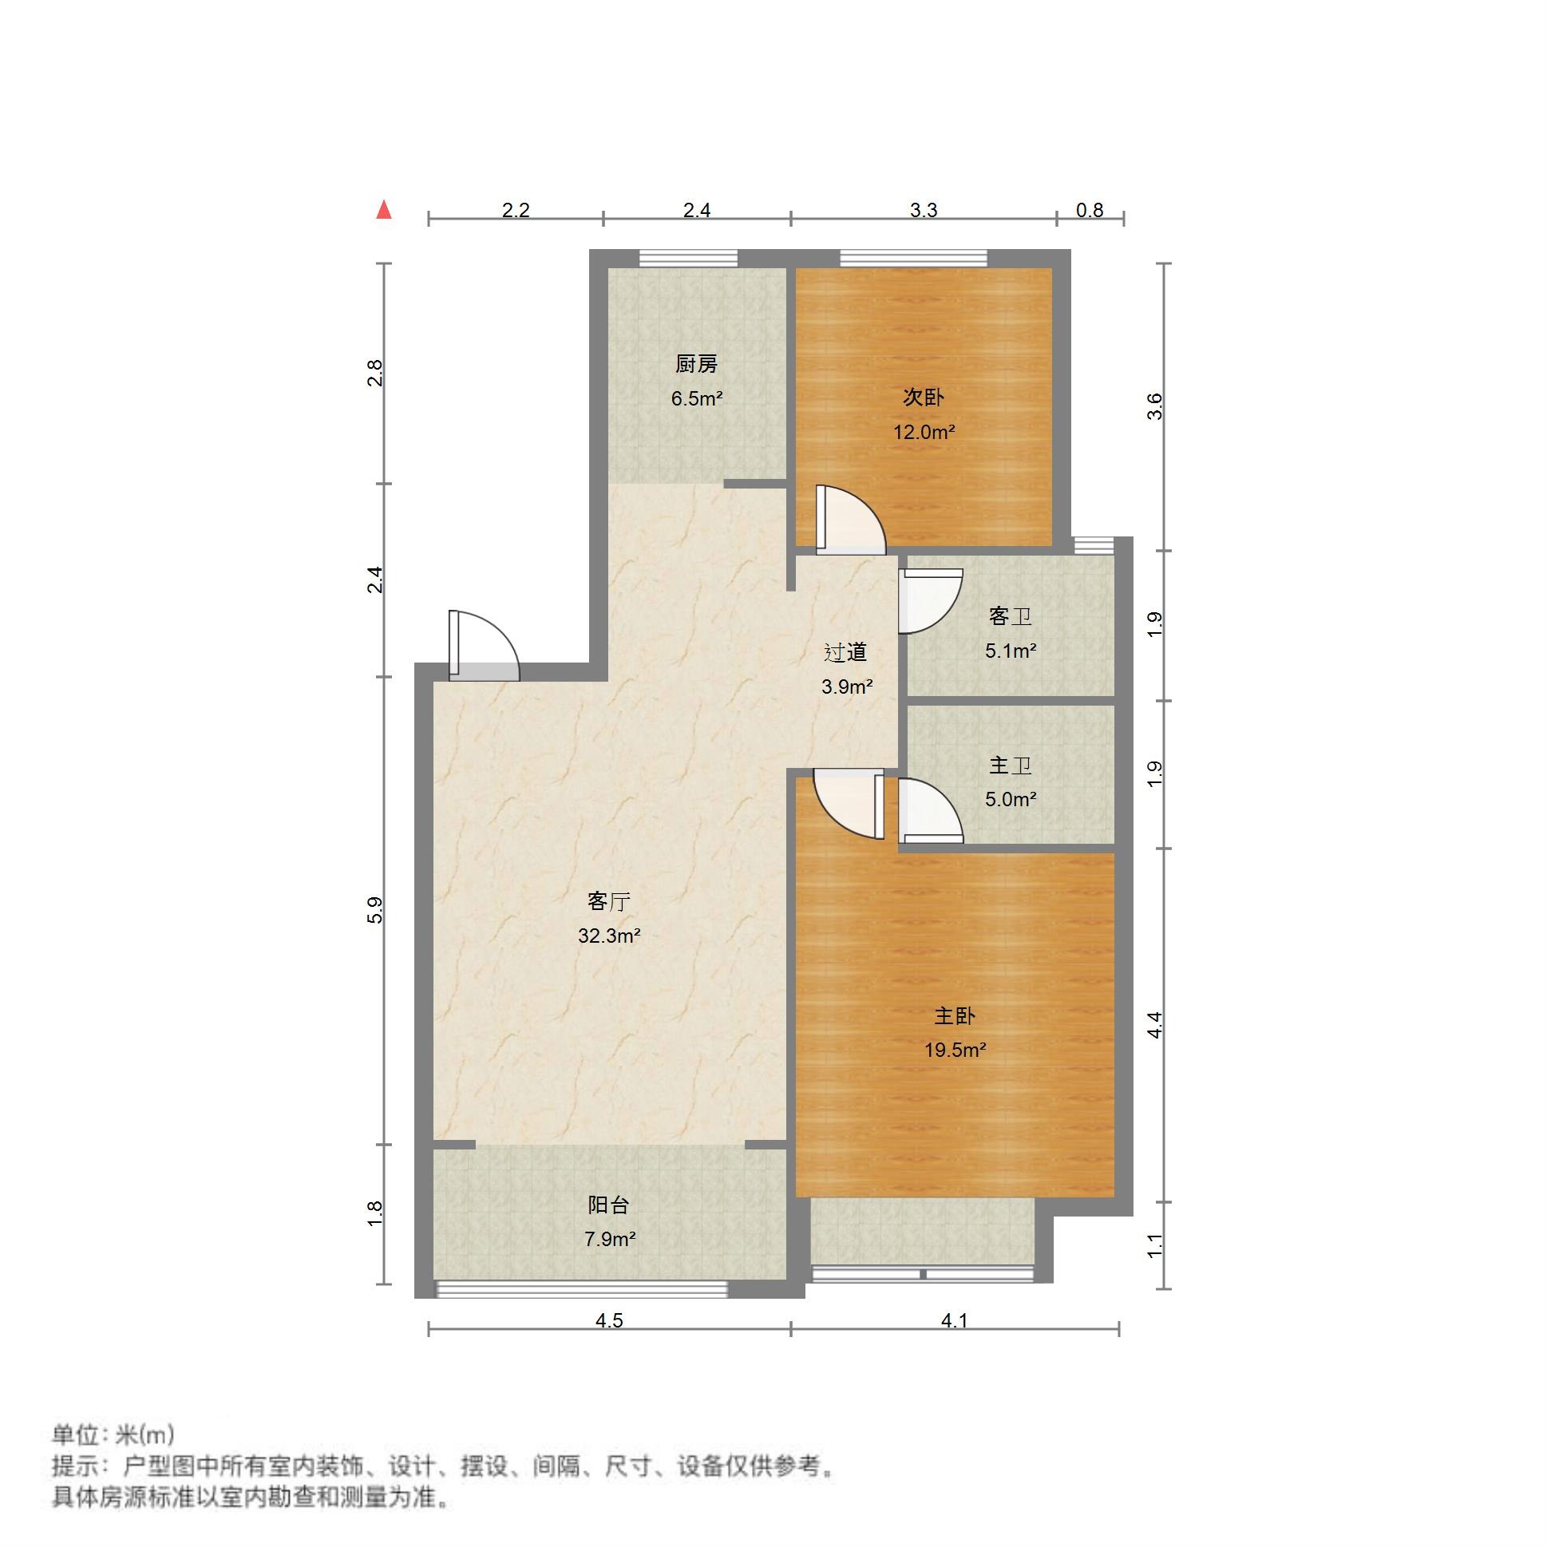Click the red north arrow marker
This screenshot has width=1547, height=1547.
pyautogui.click(x=384, y=210)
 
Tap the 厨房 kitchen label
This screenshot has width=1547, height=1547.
pyautogui.click(x=696, y=364)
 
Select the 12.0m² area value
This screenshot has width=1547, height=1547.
pyautogui.click(x=924, y=433)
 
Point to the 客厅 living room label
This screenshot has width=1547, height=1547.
pyautogui.click(x=608, y=901)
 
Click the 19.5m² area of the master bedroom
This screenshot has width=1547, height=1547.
pyautogui.click(x=955, y=1050)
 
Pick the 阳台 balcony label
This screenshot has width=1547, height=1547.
pyautogui.click(x=608, y=1205)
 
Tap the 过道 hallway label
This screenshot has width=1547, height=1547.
pyautogui.click(x=845, y=653)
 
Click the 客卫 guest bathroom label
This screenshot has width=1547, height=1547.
pyautogui.click(x=1010, y=616)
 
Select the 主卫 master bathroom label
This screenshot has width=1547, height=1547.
pyautogui.click(x=1010, y=766)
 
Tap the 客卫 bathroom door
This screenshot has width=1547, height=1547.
pyautogui.click(x=929, y=600)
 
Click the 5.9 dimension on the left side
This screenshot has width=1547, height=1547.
pyautogui.click(x=374, y=911)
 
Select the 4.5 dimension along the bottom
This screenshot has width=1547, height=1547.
pyautogui.click(x=608, y=1320)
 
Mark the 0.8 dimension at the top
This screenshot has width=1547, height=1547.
pyautogui.click(x=1089, y=210)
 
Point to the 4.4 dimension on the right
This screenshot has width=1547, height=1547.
pyautogui.click(x=1154, y=1025)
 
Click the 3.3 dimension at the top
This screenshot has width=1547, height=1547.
pyautogui.click(x=924, y=210)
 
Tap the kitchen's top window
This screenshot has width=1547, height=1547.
pyautogui.click(x=688, y=258)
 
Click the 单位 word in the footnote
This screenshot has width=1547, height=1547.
pyautogui.click(x=76, y=1434)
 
